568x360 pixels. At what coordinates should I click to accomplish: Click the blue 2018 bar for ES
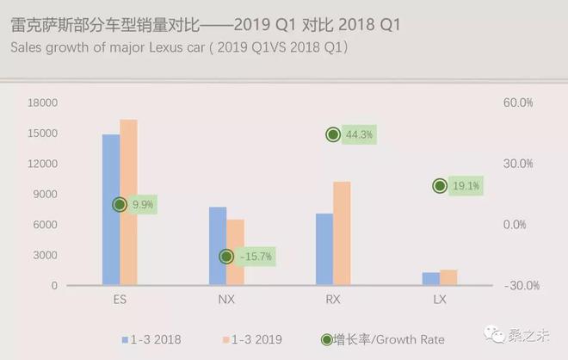[111, 209]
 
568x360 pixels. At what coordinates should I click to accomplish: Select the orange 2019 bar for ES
[128, 202]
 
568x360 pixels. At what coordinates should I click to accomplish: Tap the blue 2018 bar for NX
[218, 245]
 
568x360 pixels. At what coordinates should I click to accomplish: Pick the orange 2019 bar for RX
[342, 233]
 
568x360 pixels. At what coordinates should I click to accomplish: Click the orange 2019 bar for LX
[448, 276]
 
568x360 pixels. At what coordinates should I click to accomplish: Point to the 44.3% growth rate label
[361, 134]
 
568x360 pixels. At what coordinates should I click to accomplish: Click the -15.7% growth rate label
[255, 257]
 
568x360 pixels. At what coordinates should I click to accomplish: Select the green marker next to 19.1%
[440, 186]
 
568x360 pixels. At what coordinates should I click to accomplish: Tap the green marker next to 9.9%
[120, 205]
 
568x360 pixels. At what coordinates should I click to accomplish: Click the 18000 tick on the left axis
[43, 102]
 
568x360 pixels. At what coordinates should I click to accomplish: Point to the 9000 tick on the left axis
[46, 194]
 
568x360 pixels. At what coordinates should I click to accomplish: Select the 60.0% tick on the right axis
[518, 102]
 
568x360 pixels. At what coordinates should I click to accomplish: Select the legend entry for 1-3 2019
[251, 339]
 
